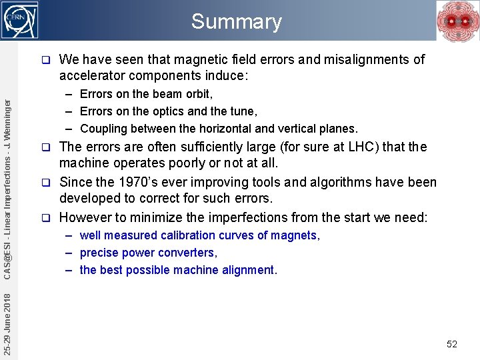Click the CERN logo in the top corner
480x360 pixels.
click(21, 20)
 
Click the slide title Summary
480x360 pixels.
click(236, 21)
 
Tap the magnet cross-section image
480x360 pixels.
click(457, 21)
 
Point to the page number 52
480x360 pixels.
click(452, 344)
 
